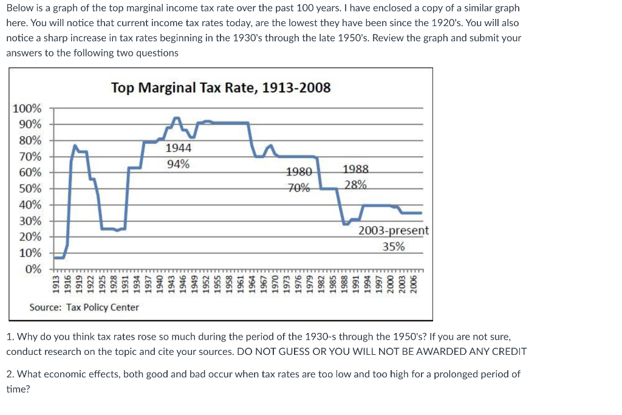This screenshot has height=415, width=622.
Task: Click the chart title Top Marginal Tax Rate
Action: click(x=221, y=87)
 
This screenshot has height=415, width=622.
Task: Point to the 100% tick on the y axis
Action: click(x=28, y=109)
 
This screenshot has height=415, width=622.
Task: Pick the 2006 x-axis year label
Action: click(x=413, y=284)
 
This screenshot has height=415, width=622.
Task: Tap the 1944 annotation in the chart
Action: click(x=178, y=148)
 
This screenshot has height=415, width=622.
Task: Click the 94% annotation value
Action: click(x=178, y=163)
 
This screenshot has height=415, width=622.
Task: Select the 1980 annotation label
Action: click(x=299, y=171)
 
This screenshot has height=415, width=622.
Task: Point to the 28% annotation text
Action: click(x=355, y=185)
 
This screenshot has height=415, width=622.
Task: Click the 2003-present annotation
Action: click(x=394, y=231)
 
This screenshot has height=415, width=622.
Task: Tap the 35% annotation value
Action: click(x=394, y=247)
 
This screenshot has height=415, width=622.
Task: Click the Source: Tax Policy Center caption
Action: click(x=84, y=307)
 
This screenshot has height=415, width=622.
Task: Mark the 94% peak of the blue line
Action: click(x=177, y=118)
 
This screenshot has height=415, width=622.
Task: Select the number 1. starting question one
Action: click(x=10, y=336)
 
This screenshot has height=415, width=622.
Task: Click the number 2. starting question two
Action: click(x=10, y=374)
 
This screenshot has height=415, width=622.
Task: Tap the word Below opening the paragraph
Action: click(x=21, y=9)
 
